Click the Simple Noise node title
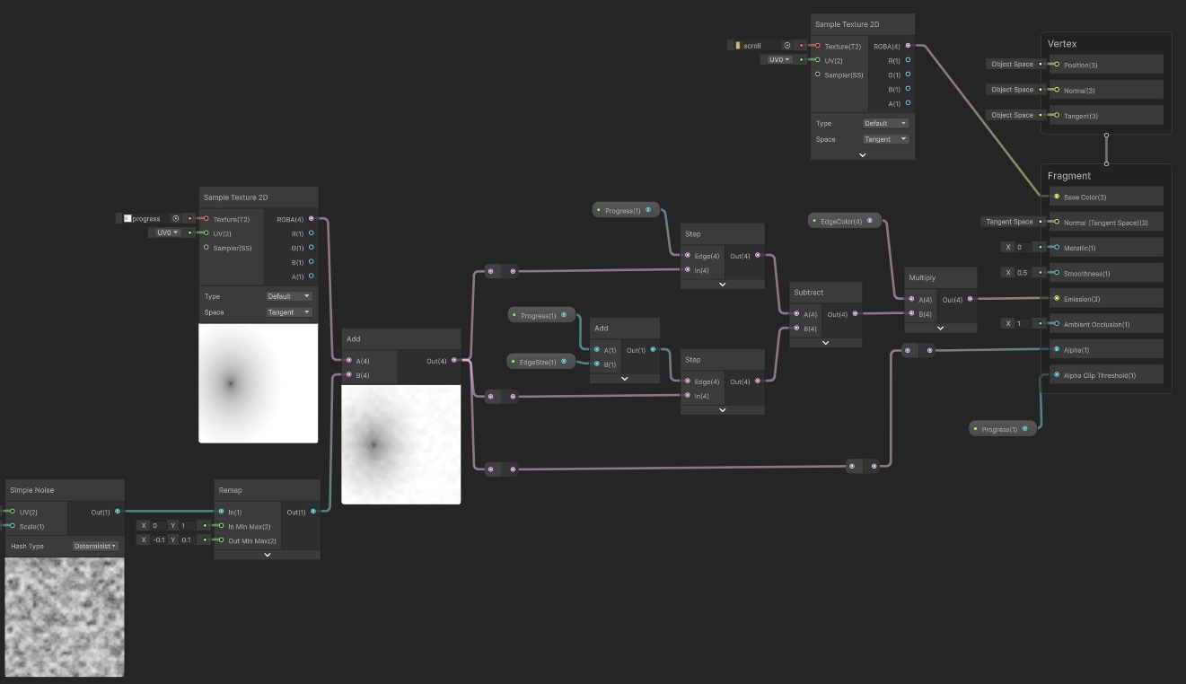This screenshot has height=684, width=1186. (31, 490)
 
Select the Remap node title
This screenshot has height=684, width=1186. (231, 490)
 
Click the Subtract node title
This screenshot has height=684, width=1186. (809, 293)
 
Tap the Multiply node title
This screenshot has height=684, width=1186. (922, 277)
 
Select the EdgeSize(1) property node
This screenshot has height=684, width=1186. (540, 362)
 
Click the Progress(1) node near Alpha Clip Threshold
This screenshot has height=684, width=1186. (1002, 429)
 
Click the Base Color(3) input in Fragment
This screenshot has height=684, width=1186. (1085, 197)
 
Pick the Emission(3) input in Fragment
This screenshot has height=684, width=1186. (1082, 299)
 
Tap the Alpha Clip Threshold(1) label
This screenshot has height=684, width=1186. (1100, 375)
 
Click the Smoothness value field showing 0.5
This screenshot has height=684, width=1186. (1022, 273)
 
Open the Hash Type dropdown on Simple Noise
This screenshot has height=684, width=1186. (95, 546)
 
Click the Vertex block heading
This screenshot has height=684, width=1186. (1061, 44)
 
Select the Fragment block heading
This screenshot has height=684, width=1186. (1069, 176)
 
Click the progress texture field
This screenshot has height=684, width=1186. (149, 218)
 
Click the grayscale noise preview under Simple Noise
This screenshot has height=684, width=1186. (65, 618)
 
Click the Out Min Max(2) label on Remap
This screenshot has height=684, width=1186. (252, 540)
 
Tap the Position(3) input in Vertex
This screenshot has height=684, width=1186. (1081, 65)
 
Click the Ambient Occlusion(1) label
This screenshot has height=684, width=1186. (1096, 325)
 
